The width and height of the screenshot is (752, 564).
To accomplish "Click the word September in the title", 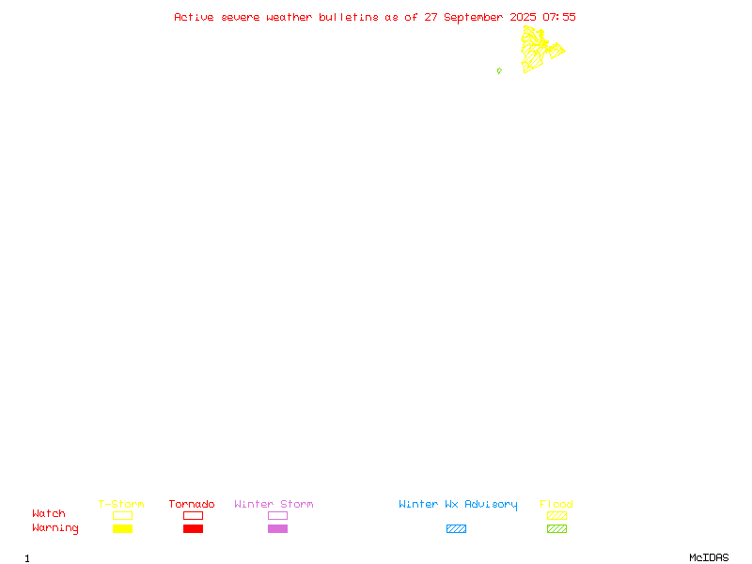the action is click(x=474, y=18).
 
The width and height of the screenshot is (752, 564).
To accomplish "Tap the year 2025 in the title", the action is click(x=523, y=17).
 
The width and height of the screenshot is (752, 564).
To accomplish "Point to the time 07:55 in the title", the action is click(x=559, y=17).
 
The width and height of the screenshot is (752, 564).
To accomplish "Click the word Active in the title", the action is click(x=194, y=17).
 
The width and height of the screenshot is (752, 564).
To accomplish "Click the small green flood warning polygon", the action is click(x=499, y=71).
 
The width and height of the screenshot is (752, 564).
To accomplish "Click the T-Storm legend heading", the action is click(x=121, y=504).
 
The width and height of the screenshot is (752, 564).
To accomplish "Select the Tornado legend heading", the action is click(x=192, y=504).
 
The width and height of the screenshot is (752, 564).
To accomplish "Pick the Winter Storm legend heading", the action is click(x=274, y=504).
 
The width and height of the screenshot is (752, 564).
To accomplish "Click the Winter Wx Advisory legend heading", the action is click(x=458, y=505).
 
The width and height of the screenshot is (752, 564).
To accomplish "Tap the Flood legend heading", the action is click(x=556, y=504).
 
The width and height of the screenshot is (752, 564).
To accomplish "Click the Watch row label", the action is click(x=49, y=513).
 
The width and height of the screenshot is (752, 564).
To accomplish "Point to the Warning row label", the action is click(x=55, y=528).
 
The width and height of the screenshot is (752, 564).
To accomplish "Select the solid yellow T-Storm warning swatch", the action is click(x=123, y=528).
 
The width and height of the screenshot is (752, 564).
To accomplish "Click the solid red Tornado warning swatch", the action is click(x=194, y=528).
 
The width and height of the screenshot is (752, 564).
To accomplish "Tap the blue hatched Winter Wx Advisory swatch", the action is click(x=456, y=528).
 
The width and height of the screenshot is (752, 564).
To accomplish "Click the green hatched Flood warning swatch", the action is click(x=556, y=528).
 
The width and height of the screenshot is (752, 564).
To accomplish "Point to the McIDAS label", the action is click(x=709, y=557).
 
